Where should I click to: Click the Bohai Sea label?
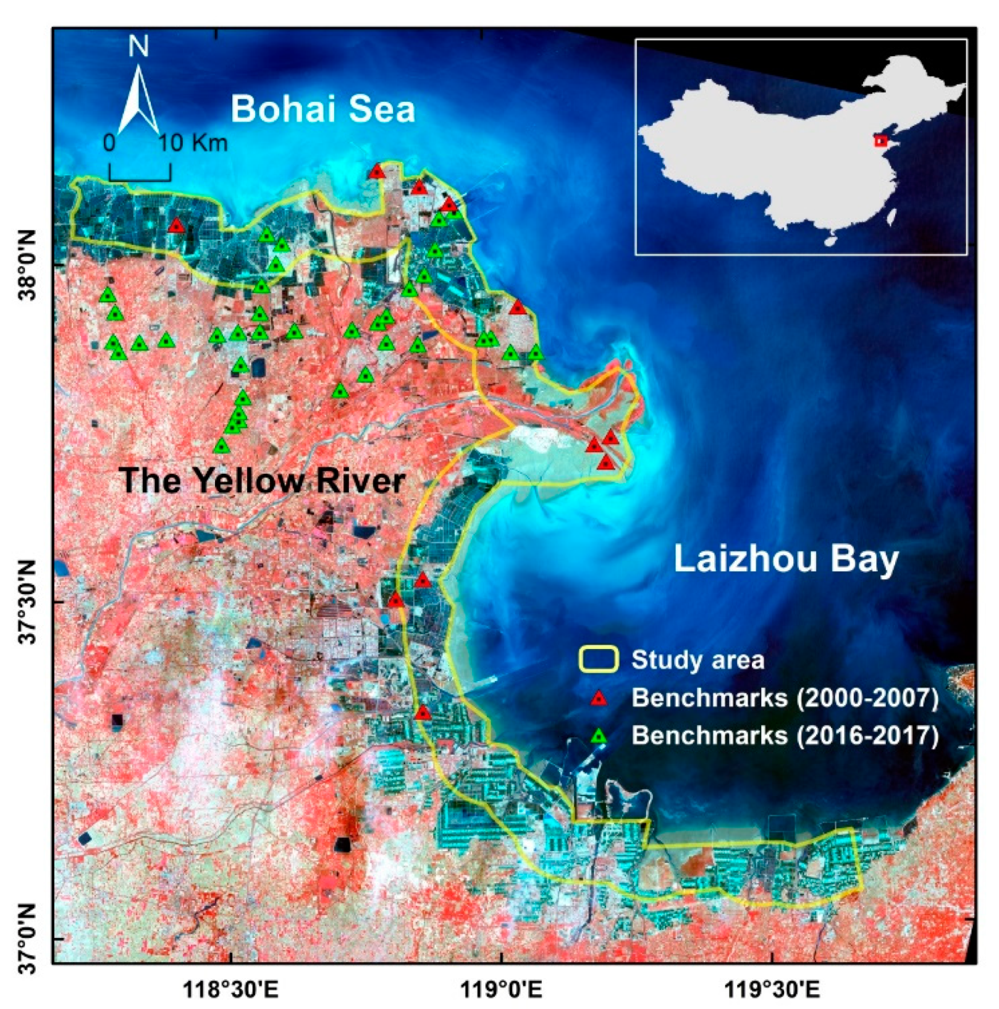point(322,109)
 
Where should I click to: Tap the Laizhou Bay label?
point(785,559)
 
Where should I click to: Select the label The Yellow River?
point(262,480)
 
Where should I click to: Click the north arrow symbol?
point(138,99)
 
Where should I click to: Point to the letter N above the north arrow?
point(138,46)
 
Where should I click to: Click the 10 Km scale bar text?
point(193,143)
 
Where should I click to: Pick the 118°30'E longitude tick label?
point(230,990)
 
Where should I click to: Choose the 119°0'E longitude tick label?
point(502,990)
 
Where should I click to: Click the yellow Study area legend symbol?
point(598,659)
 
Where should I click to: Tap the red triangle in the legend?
point(598,698)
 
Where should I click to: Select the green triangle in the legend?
point(598,735)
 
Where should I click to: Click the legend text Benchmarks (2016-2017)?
point(785,735)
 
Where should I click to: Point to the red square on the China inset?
point(881,141)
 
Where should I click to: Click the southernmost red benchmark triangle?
point(423,712)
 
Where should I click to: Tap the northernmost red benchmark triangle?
point(377,171)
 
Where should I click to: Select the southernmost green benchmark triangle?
point(222,445)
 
